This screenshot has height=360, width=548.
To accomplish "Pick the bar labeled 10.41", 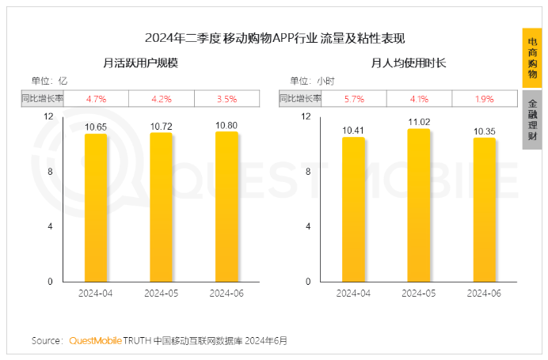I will [x=353, y=209].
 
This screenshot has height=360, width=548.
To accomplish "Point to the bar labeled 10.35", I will [x=485, y=210].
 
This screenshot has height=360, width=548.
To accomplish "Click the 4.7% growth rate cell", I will [x=96, y=99].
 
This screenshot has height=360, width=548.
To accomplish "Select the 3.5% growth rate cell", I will [x=226, y=99].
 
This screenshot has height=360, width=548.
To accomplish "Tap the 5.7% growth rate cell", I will [x=353, y=99].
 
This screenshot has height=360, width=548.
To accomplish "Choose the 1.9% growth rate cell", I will [x=485, y=99].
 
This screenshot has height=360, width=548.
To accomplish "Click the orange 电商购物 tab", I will [x=533, y=59].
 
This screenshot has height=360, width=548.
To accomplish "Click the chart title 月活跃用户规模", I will [x=140, y=63].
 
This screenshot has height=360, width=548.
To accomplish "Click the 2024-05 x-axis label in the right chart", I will [x=419, y=293].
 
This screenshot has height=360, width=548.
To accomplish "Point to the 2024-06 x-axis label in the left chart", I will [x=226, y=293].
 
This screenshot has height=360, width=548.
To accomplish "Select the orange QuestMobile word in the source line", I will [x=95, y=341].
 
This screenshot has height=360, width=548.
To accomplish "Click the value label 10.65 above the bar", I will [x=96, y=127].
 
